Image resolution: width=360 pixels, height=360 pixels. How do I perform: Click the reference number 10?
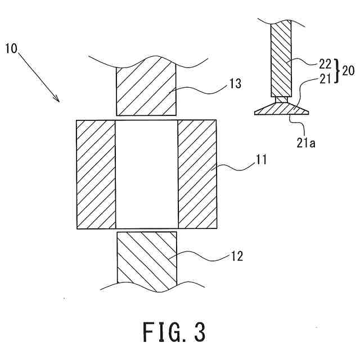[12, 48]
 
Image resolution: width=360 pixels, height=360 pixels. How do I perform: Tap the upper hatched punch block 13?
[145, 90]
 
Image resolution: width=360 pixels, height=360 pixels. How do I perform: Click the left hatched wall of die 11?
[96, 174]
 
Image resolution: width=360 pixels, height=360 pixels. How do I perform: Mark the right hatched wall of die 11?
[197, 174]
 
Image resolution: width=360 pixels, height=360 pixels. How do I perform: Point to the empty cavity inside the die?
[146, 174]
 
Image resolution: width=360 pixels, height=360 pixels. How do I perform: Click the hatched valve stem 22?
[281, 58]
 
